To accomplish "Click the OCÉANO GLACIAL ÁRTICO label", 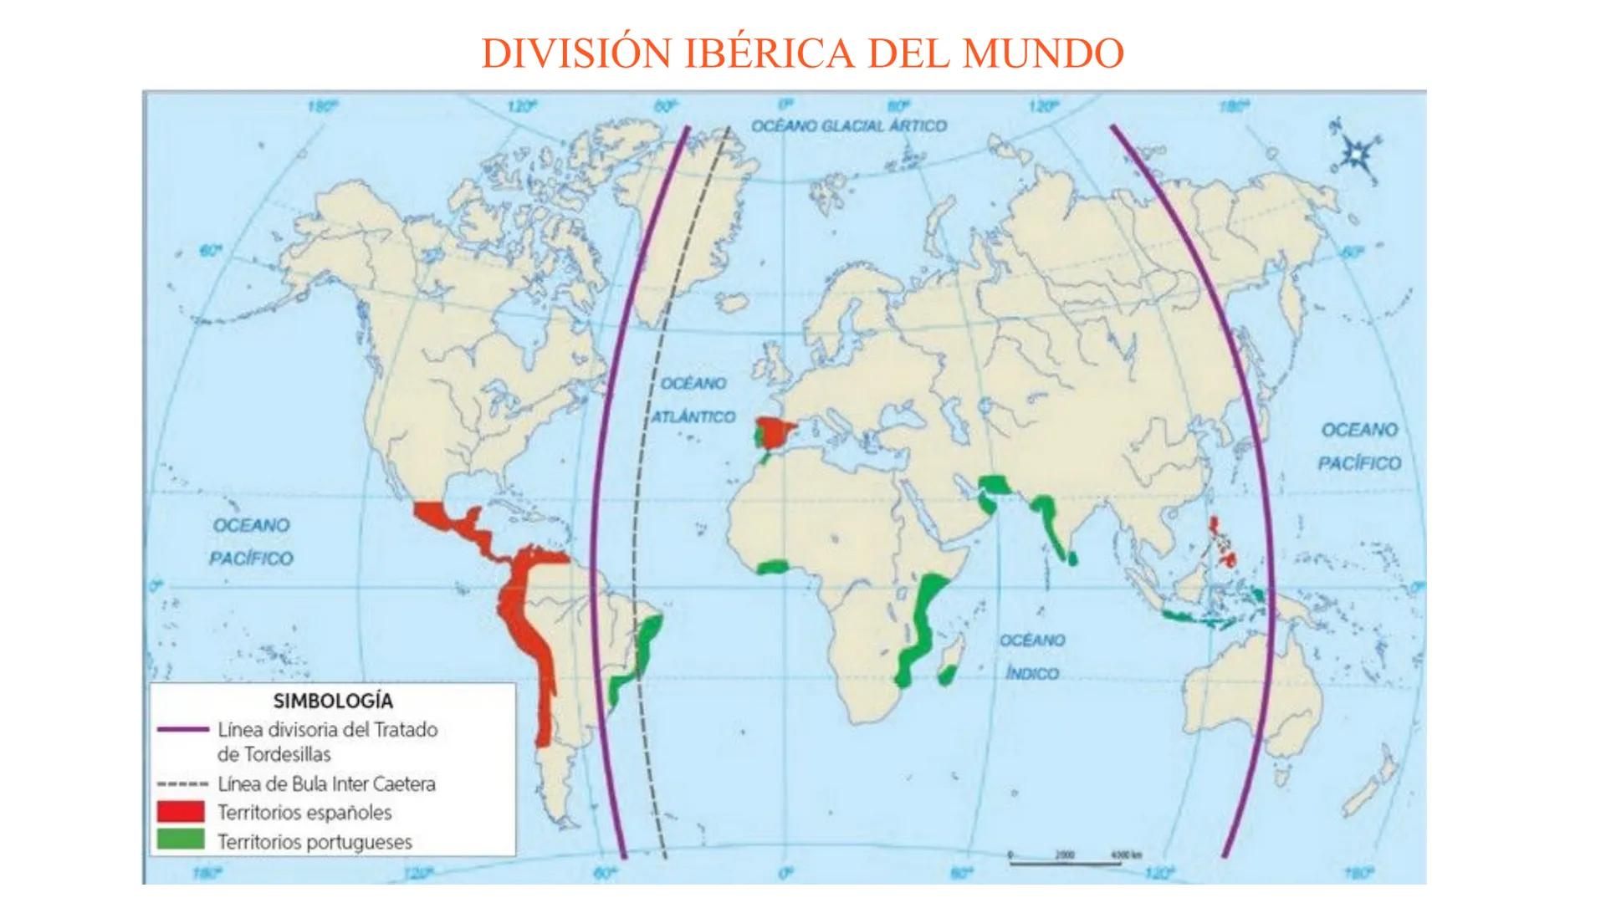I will (848, 125).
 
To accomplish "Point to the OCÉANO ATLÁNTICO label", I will (694, 400).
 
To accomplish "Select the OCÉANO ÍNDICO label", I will (1031, 656).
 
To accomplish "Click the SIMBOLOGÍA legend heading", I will (333, 701).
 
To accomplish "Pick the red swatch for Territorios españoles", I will (181, 811).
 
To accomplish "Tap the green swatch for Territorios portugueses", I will (181, 839).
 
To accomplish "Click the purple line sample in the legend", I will (182, 729).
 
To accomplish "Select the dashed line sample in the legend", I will (182, 784).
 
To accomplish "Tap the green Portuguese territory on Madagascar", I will (947, 674).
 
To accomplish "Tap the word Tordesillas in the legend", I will (274, 754).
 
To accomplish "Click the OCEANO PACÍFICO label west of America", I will (251, 541).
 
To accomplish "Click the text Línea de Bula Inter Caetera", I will (326, 784).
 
